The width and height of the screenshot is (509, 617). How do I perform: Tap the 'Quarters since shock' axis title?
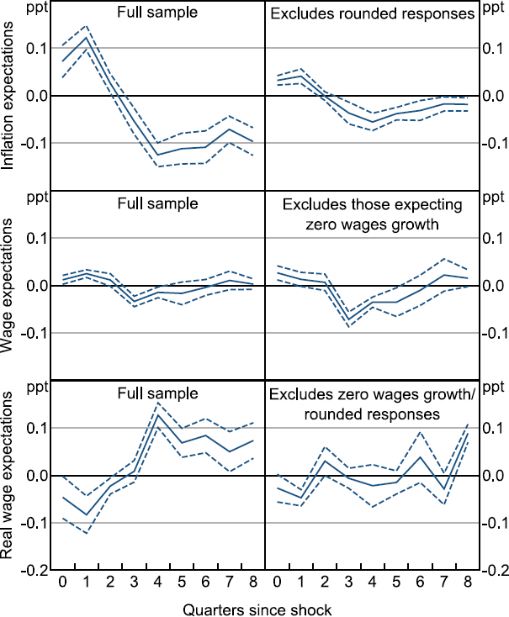pyautogui.click(x=264, y=607)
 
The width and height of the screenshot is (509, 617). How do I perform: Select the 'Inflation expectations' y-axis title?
pyautogui.click(x=10, y=98)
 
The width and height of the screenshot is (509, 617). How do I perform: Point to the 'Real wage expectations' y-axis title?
pyautogui.click(x=10, y=475)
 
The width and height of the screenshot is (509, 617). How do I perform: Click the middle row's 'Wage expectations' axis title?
pyautogui.click(x=10, y=286)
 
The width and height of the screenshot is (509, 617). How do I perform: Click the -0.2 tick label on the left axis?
pyautogui.click(x=33, y=571)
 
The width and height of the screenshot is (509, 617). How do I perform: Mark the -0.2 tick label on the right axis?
pyautogui.click(x=493, y=571)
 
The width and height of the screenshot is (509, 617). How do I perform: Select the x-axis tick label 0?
pyautogui.click(x=61, y=583)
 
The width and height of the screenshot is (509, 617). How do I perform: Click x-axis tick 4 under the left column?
pyautogui.click(x=157, y=583)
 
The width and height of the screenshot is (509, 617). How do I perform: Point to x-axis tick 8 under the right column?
pyautogui.click(x=468, y=583)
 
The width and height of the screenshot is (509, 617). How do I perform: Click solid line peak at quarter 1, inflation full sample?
pyautogui.click(x=86, y=37)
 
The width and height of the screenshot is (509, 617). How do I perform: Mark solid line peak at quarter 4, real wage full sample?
pyautogui.click(x=157, y=415)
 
